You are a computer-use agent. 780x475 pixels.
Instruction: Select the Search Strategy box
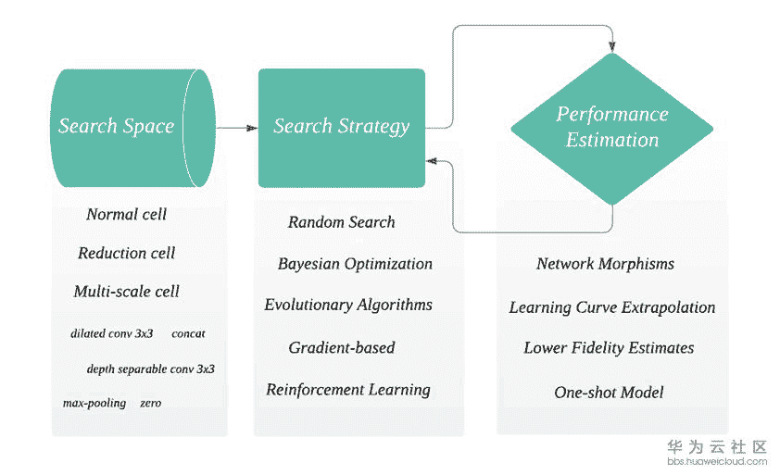342,127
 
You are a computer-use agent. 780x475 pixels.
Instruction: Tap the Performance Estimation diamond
612,128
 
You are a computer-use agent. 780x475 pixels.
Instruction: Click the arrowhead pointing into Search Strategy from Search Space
252,128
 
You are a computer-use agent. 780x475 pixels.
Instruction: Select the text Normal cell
127,215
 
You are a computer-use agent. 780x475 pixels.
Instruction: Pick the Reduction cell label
127,253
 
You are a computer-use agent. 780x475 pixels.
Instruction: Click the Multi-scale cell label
127,292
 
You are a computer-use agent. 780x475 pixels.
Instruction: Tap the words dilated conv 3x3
112,333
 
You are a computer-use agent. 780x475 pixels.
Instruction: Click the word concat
188,333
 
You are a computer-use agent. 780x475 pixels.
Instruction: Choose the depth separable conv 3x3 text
150,369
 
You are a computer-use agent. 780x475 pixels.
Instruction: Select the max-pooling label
94,403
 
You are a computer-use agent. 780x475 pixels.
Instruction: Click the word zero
150,403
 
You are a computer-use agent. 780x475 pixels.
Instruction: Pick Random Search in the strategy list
342,222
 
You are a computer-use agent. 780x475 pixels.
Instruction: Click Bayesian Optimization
355,264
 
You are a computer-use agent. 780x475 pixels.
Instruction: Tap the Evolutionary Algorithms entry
348,305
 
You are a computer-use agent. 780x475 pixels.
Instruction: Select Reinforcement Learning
348,390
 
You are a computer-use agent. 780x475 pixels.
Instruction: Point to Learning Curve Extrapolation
612,307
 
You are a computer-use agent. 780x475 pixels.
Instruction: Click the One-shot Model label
609,393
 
